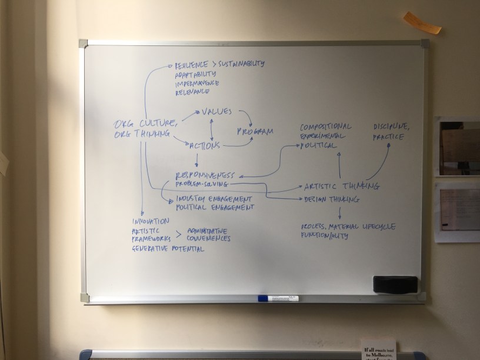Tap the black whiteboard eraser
pyautogui.click(x=395, y=284)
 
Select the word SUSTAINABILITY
pyautogui.click(x=242, y=64)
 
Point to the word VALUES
pyautogui.click(x=216, y=111)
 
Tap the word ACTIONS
pyautogui.click(x=205, y=145)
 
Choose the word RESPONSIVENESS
pyautogui.click(x=205, y=175)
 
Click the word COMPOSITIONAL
pyautogui.click(x=325, y=126)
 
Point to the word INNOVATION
pyautogui.click(x=151, y=221)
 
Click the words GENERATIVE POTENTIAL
pyautogui.click(x=168, y=249)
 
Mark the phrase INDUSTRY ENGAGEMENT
pyautogui.click(x=214, y=198)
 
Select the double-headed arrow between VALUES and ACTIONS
pyautogui.click(x=211, y=128)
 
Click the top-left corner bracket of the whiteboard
pyautogui.click(x=83, y=43)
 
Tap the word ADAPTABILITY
pyautogui.click(x=195, y=74)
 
